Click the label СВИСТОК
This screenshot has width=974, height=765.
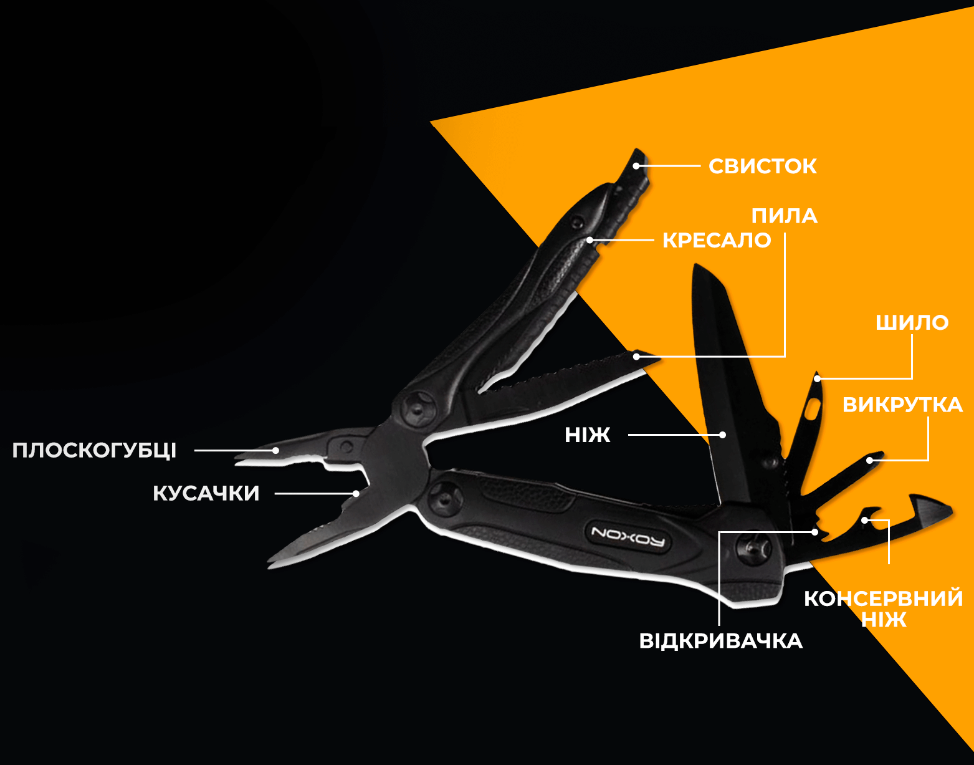tap(762, 166)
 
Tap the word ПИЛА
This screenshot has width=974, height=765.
tap(785, 216)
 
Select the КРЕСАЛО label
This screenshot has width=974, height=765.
tap(717, 241)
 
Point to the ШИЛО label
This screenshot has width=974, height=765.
tap(912, 323)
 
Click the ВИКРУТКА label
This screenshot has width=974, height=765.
tap(902, 405)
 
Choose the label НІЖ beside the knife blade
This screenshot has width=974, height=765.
tap(587, 435)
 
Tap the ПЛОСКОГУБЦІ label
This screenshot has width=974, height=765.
tap(94, 450)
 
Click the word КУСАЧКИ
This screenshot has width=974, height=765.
tap(206, 493)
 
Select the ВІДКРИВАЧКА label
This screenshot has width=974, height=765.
tap(721, 641)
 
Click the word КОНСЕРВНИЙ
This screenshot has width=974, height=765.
tap(884, 599)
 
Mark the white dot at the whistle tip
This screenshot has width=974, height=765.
tap(636, 166)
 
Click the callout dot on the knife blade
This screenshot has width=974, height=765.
tap(722, 435)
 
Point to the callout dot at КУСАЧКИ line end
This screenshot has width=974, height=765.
tap(356, 493)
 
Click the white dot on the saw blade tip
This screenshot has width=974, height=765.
tap(636, 357)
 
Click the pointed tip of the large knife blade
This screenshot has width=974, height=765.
tap(694, 265)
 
